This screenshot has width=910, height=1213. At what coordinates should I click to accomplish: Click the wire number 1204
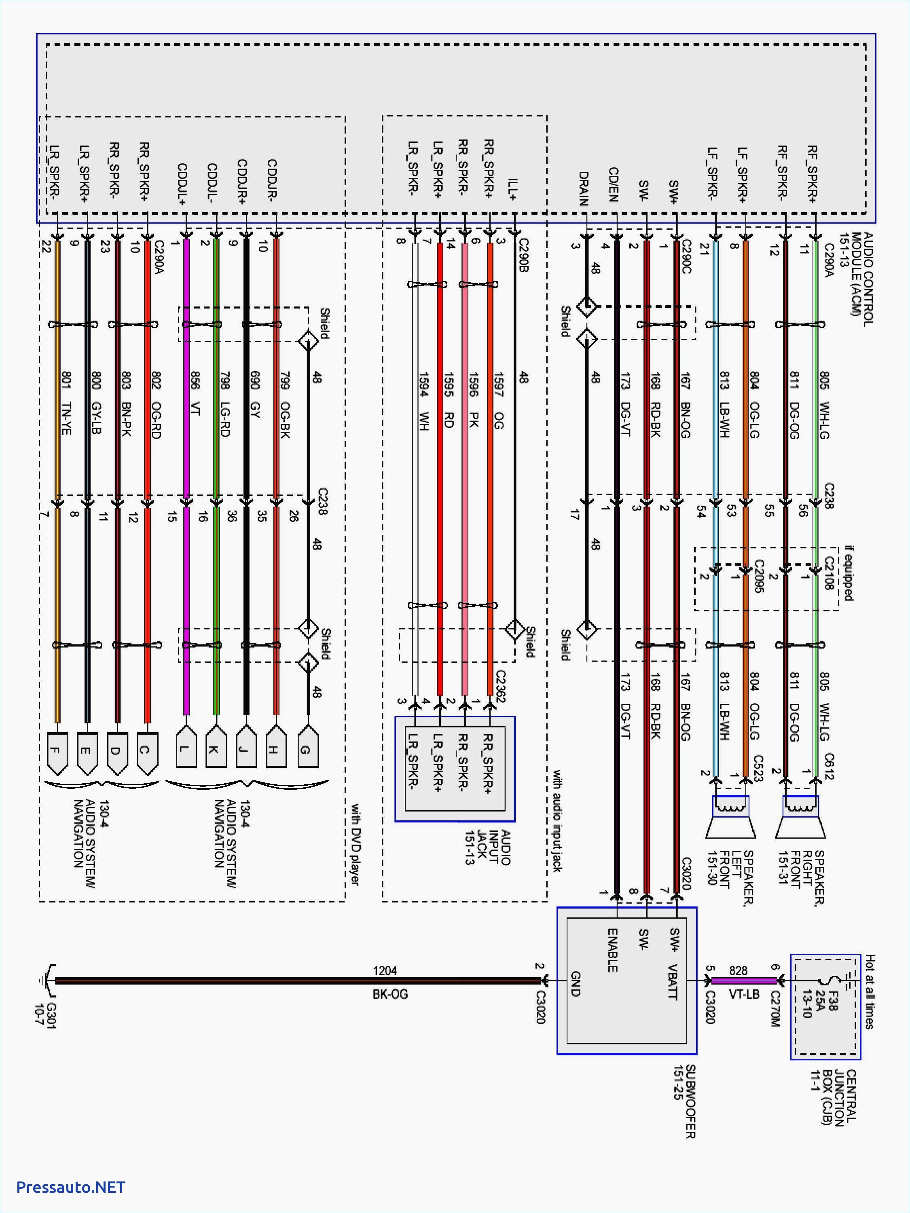coord(385,971)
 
